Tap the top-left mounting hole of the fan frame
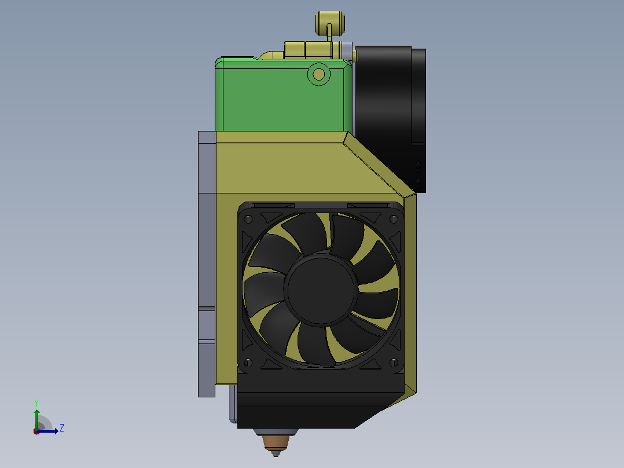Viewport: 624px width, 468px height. (x=248, y=220)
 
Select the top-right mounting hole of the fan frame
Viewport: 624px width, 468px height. (x=394, y=219)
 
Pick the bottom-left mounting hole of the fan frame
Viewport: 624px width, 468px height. (x=248, y=363)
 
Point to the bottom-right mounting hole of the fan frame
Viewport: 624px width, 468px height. (x=394, y=363)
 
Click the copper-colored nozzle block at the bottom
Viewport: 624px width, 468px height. (x=276, y=442)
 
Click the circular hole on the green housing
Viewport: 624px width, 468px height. (x=319, y=74)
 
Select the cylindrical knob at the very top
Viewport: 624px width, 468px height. (x=330, y=23)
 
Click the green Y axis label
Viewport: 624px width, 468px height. (x=36, y=403)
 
